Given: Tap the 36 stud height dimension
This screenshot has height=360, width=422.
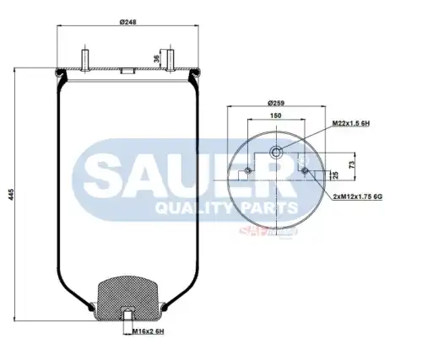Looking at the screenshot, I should click(x=156, y=59).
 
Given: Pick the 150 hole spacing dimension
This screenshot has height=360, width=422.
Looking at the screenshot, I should click(x=276, y=115).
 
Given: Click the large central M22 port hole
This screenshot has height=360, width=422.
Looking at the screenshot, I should click(x=276, y=153).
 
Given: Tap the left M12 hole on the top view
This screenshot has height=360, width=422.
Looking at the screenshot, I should click(x=246, y=173).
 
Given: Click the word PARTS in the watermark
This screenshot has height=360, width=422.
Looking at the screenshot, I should click(x=267, y=207).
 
